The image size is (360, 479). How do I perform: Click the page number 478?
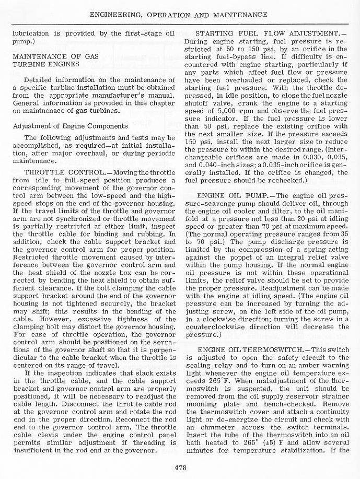(x=180, y=468)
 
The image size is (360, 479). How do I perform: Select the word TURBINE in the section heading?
(x=29, y=64)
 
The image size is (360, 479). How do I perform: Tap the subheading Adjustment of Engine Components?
(x=70, y=126)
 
